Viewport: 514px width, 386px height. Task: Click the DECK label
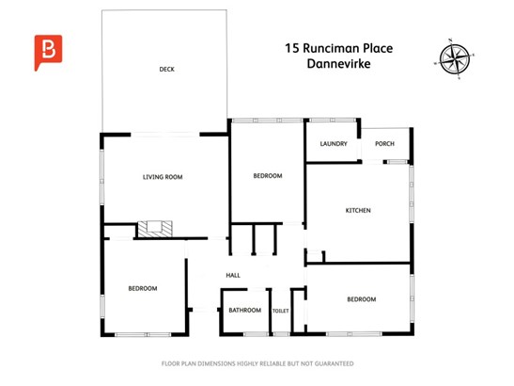pos(167,70)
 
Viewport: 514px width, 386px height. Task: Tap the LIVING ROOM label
pos(163,177)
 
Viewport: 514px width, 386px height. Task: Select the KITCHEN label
pos(358,210)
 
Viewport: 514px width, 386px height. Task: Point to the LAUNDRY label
pos(334,143)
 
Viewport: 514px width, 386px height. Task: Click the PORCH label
pos(385,143)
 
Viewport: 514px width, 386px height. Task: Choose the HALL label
pos(233,275)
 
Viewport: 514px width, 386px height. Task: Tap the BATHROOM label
pos(245,310)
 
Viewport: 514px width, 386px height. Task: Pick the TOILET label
pos(281,311)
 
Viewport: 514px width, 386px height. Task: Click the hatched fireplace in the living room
pos(155,229)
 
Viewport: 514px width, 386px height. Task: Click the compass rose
pos(455,59)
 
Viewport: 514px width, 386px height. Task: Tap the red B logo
pos(48,53)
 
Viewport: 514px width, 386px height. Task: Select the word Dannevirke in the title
pos(338,63)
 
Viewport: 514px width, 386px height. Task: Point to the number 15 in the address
pos(292,48)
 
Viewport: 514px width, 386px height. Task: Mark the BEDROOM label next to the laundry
pos(268,176)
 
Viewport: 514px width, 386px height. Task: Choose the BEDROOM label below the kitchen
pos(362,299)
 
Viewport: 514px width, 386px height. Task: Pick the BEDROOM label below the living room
pos(143,288)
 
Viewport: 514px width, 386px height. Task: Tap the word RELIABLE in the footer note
pos(273,363)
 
